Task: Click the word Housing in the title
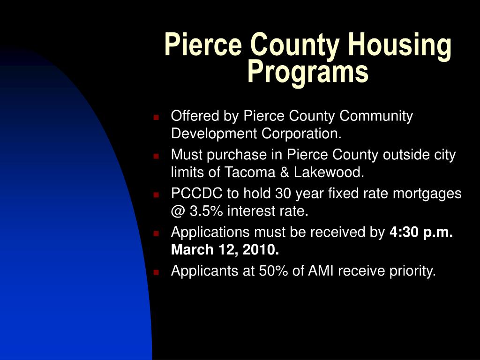399,46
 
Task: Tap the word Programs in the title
308,72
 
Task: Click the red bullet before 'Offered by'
157,117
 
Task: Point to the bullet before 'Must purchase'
157,155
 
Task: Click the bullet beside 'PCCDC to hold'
157,194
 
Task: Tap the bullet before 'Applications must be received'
157,232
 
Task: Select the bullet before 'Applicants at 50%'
157,271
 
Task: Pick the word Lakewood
329,173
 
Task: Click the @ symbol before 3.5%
179,212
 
